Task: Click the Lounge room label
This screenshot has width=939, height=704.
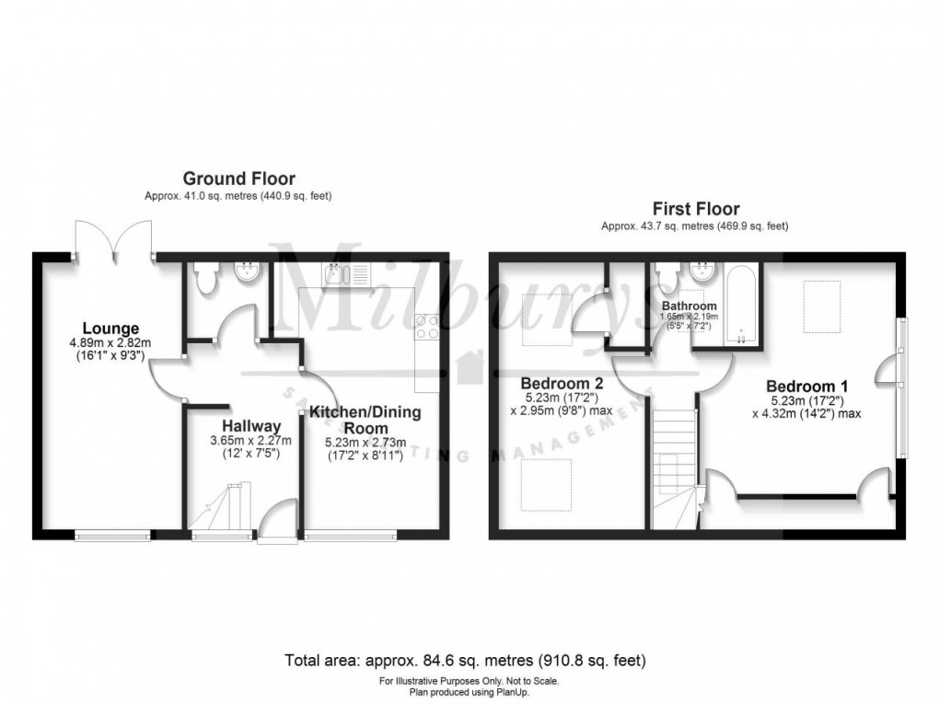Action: click(110, 329)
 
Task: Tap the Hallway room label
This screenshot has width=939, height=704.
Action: click(250, 426)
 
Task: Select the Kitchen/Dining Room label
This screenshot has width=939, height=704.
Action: click(365, 421)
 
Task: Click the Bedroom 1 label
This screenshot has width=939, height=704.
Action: click(806, 386)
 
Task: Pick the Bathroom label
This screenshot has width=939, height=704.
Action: click(689, 306)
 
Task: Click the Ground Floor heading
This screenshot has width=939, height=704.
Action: click(238, 179)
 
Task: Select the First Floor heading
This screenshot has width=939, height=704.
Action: click(695, 210)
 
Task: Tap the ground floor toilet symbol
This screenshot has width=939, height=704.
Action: click(206, 276)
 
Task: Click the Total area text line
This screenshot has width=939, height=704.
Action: click(469, 660)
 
